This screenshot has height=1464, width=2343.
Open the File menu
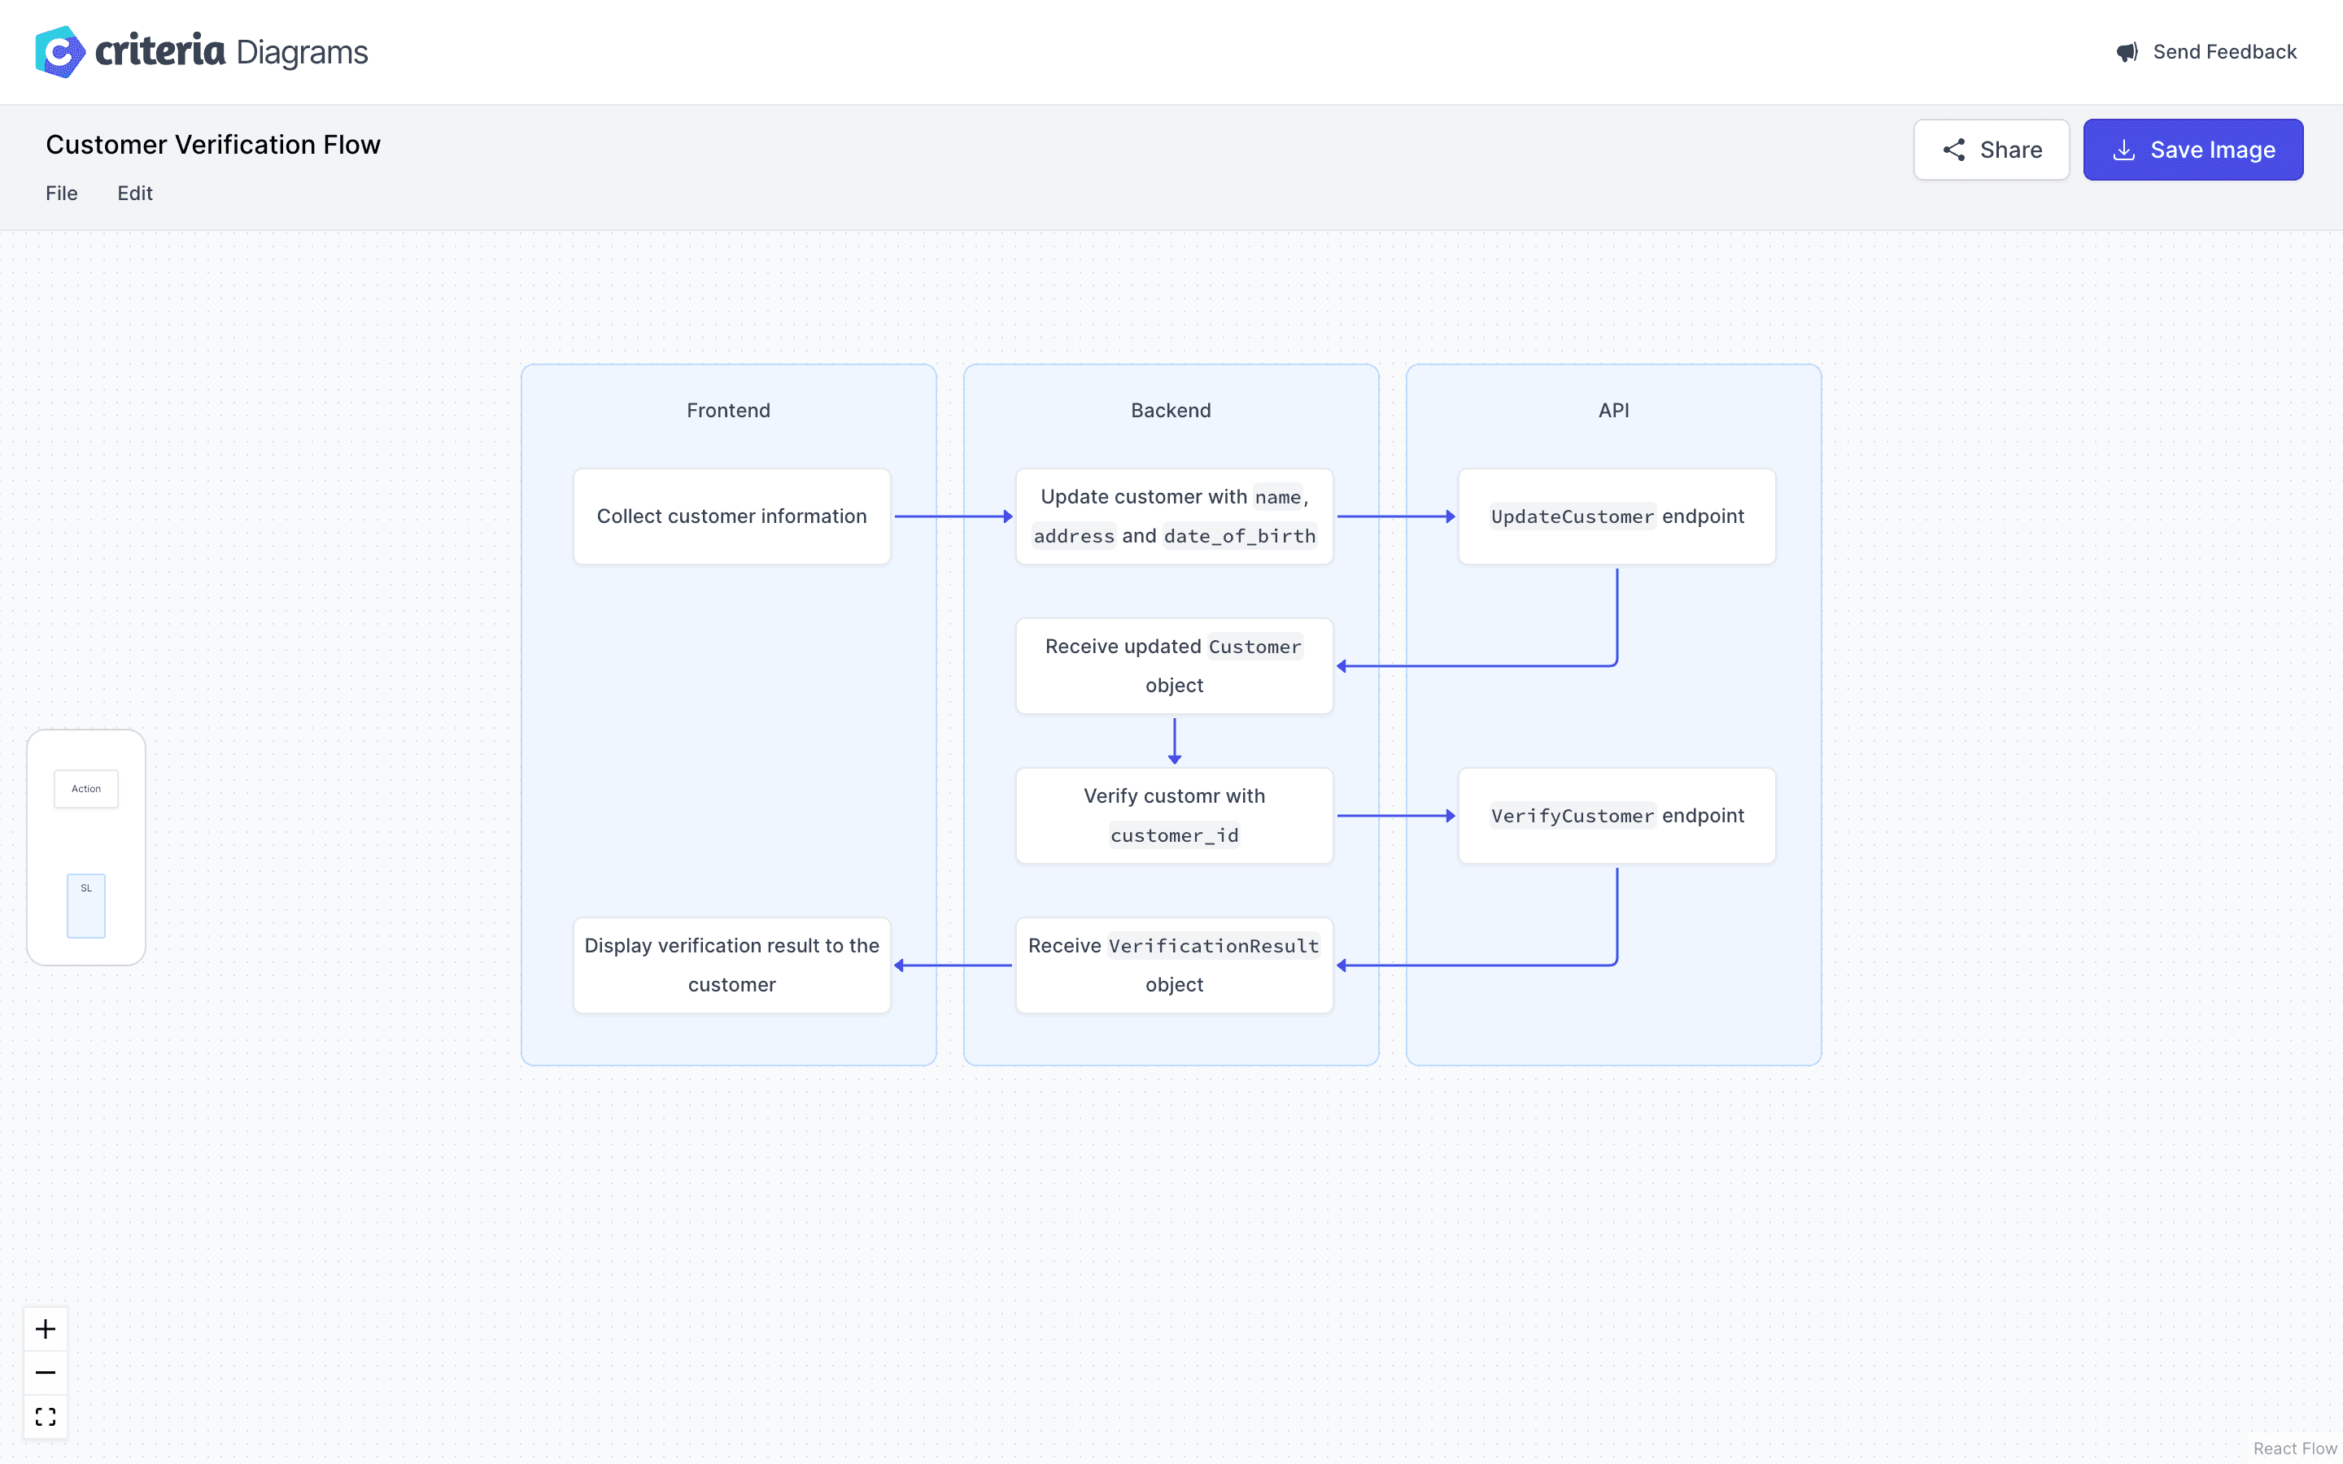[61, 194]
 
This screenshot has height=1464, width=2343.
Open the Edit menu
[134, 194]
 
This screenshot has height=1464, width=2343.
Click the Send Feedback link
[2206, 52]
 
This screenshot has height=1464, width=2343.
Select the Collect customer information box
[731, 516]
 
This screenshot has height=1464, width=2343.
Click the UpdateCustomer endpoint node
[1616, 516]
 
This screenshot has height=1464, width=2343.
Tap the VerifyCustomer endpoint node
[1616, 815]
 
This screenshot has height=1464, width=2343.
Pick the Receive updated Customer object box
[1173, 666]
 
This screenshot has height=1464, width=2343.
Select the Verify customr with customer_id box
[1173, 815]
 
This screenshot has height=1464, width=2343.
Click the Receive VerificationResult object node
[1173, 965]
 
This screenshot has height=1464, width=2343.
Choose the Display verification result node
[731, 965]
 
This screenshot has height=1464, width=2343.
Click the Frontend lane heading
[728, 411]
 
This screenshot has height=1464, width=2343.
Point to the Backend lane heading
[1171, 411]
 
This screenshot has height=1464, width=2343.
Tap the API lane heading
[1613, 411]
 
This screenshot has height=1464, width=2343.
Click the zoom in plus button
[46, 1328]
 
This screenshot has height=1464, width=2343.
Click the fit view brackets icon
[46, 1417]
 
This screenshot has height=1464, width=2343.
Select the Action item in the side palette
[86, 789]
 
